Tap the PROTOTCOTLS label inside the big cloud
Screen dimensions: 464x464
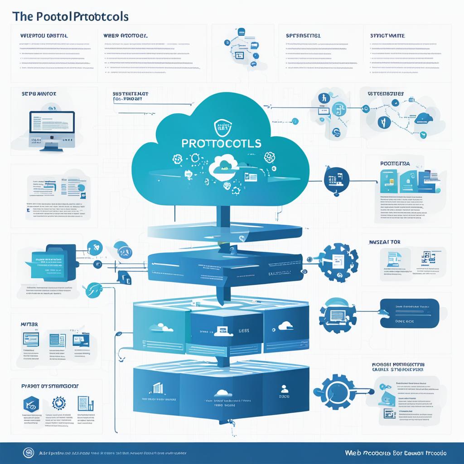tap(221, 143)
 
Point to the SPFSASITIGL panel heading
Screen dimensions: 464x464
tap(303, 35)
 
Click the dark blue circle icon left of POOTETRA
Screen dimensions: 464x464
tap(336, 179)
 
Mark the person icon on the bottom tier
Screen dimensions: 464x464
tap(285, 388)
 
